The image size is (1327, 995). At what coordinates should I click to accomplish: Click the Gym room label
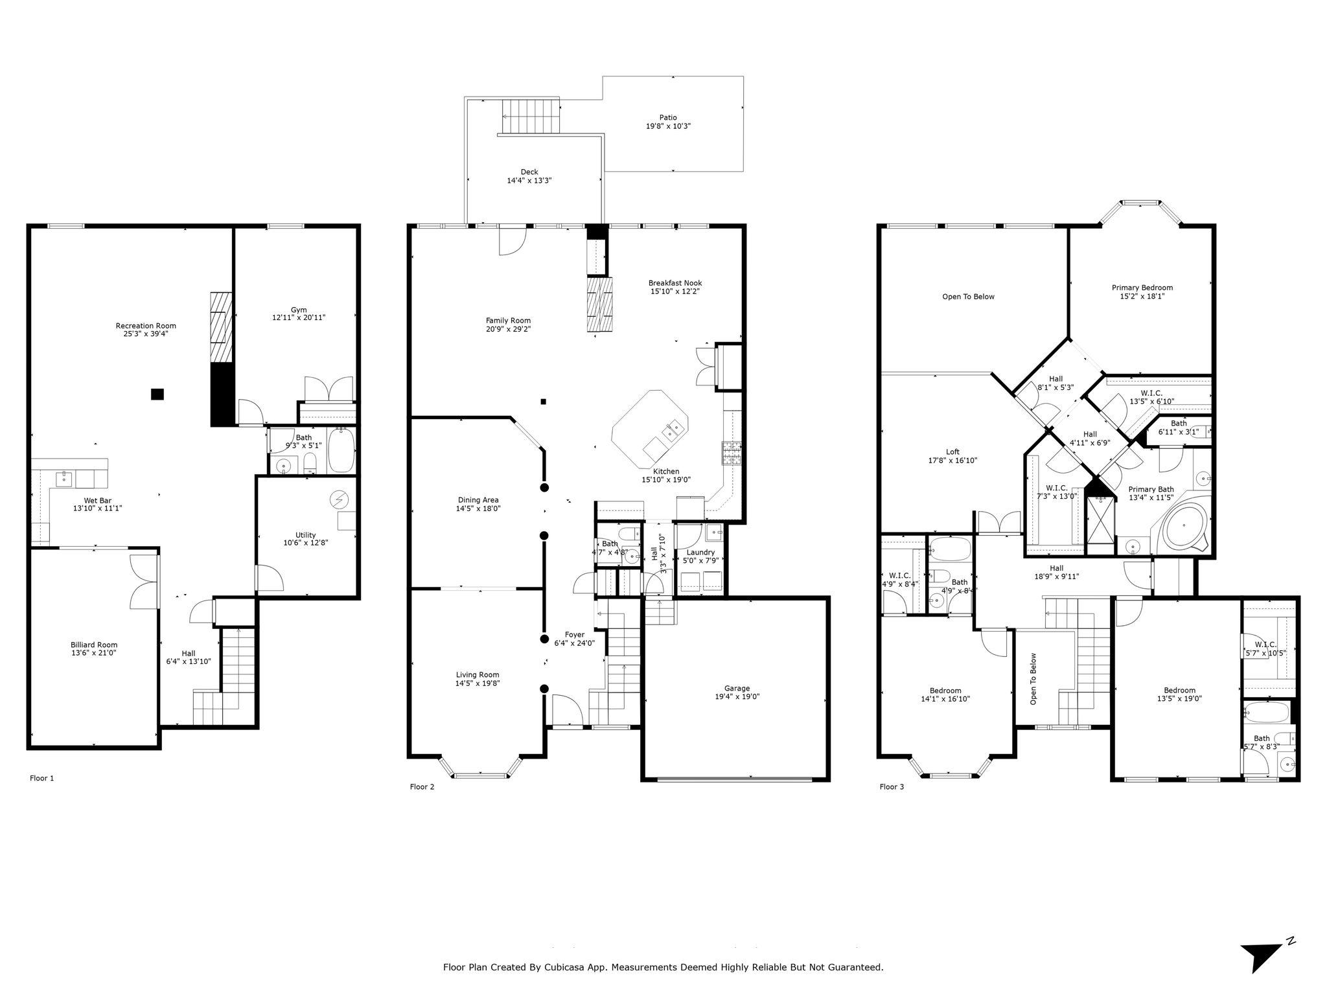299,310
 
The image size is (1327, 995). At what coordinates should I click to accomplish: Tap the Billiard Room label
94,645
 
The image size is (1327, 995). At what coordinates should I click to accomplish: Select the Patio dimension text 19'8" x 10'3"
668,126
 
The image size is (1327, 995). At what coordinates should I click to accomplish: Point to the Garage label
737,689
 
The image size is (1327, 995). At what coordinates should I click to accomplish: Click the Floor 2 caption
422,787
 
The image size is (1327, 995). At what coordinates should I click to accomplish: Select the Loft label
952,452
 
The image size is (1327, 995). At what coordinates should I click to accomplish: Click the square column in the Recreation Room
157,394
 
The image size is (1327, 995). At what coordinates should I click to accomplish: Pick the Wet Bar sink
64,479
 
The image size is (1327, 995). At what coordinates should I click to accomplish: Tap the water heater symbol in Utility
339,499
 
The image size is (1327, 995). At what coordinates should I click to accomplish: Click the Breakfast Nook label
675,283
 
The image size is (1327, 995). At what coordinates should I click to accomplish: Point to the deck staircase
531,117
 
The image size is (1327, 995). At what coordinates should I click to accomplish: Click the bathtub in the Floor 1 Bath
341,450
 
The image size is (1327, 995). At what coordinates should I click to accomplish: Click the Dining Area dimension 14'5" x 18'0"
478,509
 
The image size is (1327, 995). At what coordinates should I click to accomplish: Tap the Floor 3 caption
892,787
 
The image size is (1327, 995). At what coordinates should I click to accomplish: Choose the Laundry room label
700,552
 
